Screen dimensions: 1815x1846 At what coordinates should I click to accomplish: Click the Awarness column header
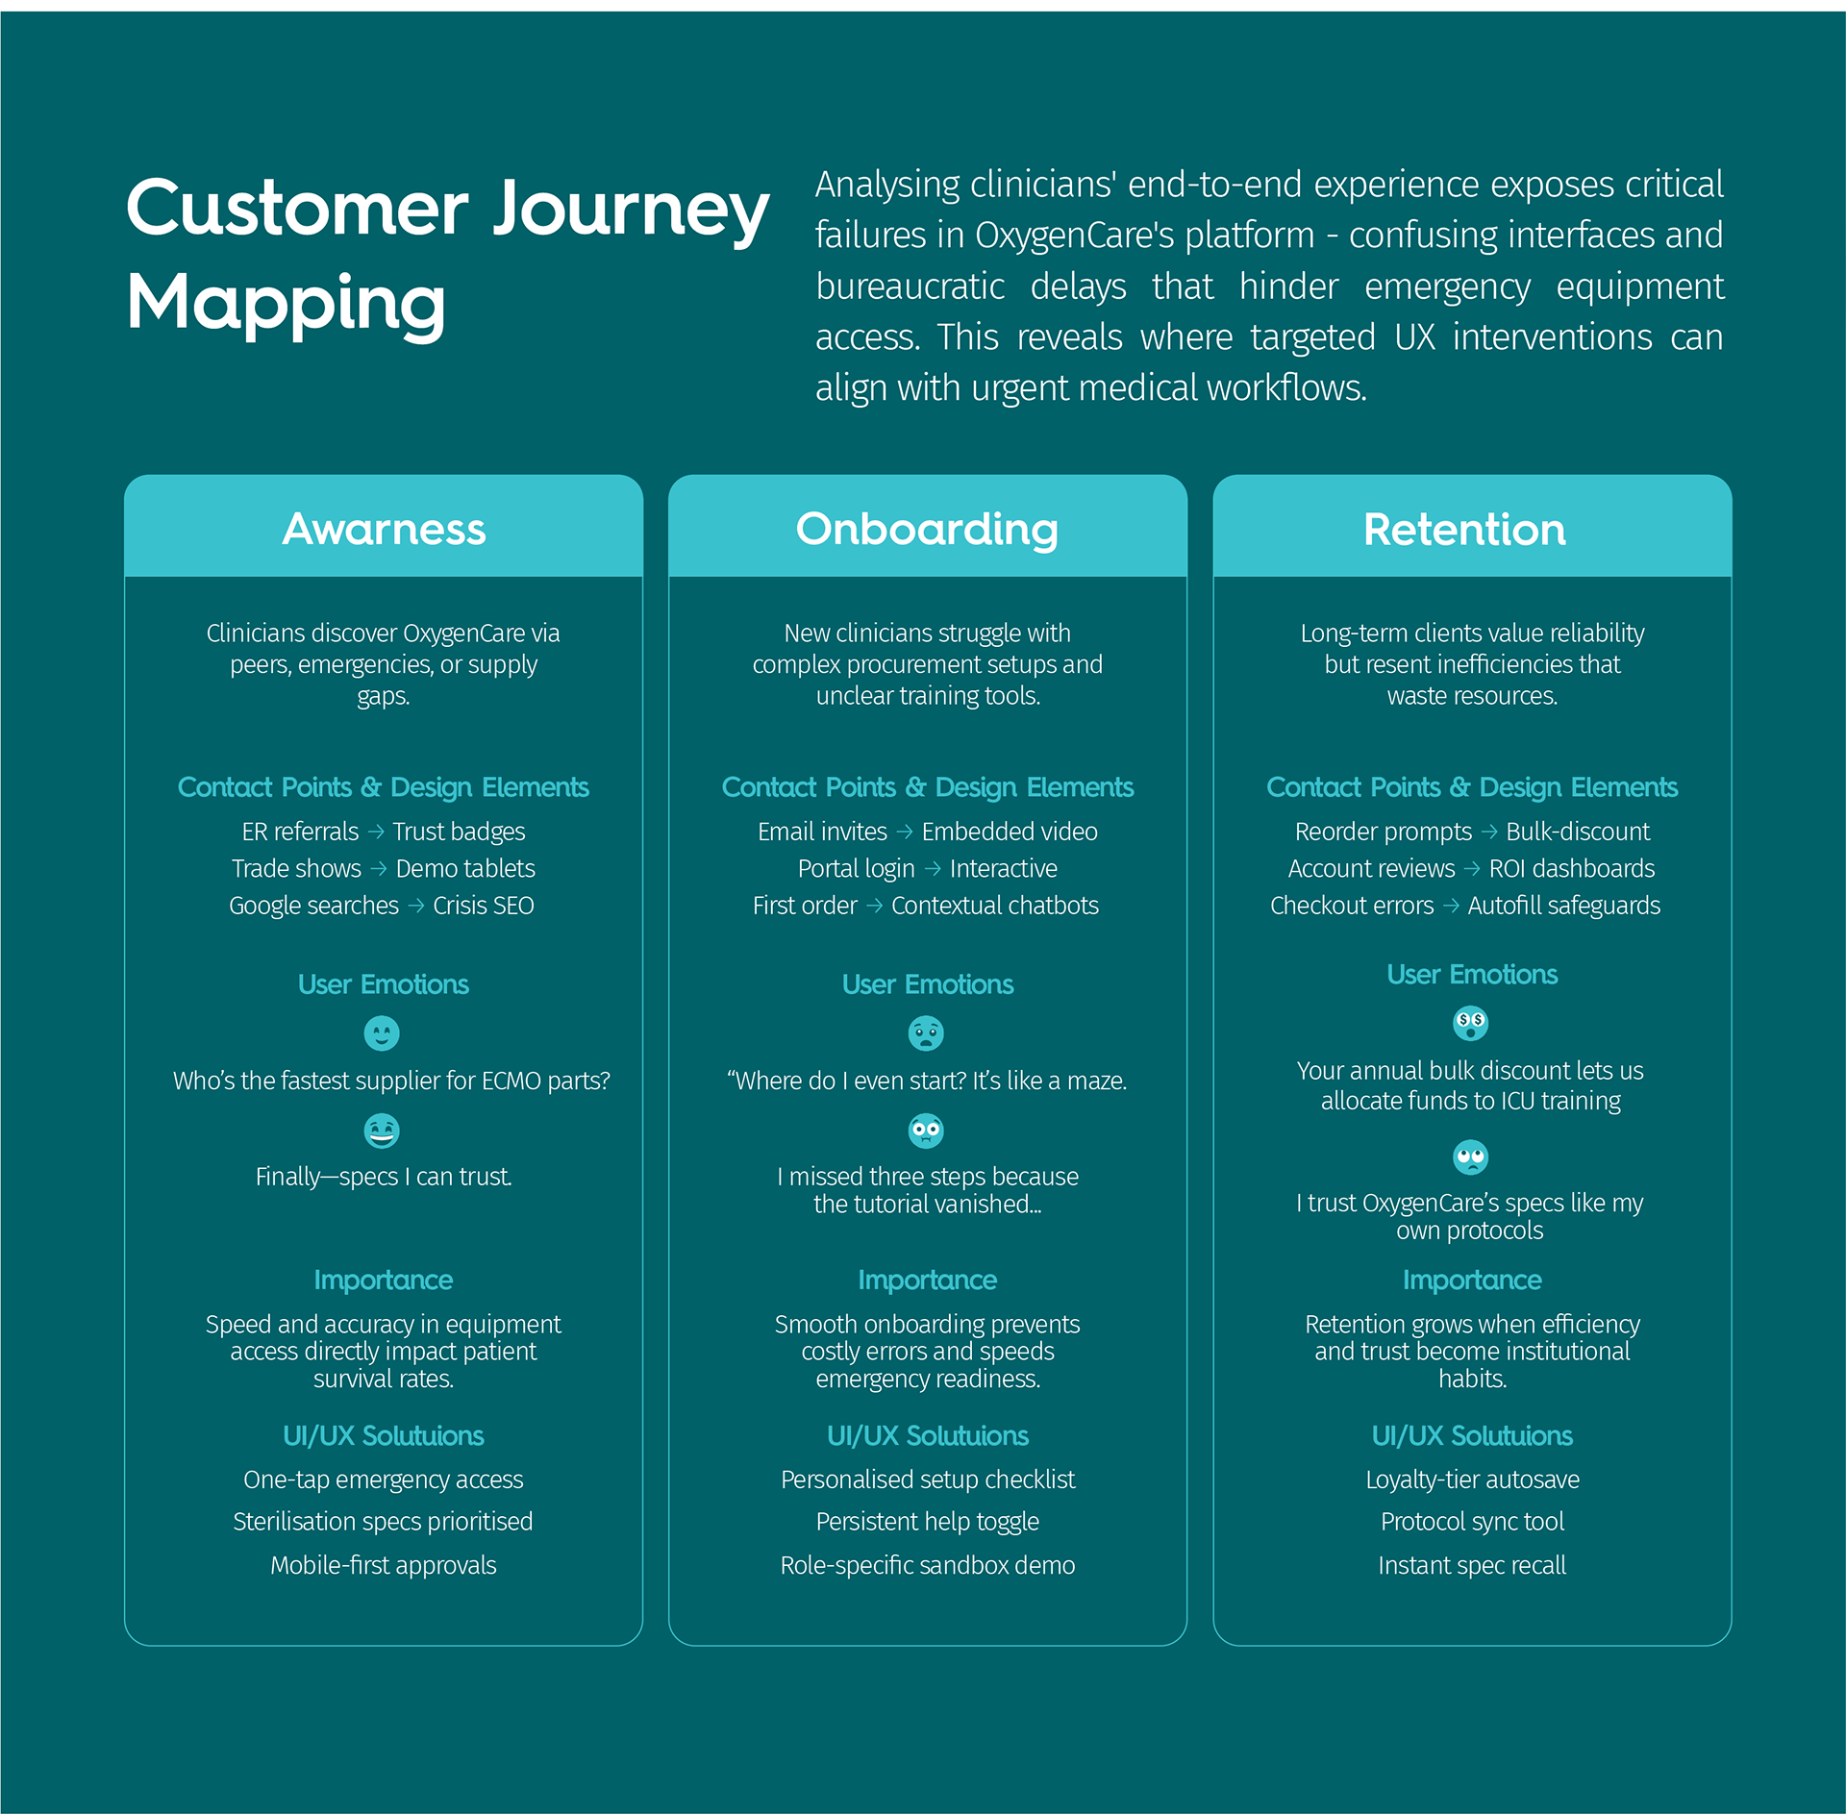(384, 529)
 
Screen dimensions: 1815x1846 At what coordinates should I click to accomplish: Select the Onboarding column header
(927, 529)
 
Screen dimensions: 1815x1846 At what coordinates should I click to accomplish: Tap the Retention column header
(1464, 529)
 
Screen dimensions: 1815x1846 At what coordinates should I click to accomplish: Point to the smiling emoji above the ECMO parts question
(382, 1033)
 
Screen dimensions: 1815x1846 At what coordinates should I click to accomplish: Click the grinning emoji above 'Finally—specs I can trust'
(382, 1131)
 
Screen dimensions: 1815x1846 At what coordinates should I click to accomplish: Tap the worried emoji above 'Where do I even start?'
(926, 1033)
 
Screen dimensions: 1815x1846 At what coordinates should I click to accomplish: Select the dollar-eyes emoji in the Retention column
(1470, 1023)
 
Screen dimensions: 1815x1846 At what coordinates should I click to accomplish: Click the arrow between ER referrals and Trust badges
(376, 832)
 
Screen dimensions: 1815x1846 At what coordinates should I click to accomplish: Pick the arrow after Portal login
(933, 869)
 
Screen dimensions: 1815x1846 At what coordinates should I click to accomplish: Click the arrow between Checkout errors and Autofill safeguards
(1451, 906)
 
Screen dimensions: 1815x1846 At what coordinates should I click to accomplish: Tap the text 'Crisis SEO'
(484, 906)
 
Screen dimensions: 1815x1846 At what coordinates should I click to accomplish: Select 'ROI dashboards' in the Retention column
(1571, 869)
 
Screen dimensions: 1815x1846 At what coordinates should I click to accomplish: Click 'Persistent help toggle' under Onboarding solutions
(927, 1522)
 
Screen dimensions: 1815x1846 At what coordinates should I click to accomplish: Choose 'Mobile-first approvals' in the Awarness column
(383, 1565)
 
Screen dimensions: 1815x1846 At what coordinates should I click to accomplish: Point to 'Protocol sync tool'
(1472, 1522)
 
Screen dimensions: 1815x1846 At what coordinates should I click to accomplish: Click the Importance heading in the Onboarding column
(927, 1280)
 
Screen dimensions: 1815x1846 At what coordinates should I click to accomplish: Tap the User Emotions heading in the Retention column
(1472, 974)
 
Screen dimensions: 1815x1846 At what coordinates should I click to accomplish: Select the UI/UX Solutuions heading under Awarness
(383, 1435)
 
